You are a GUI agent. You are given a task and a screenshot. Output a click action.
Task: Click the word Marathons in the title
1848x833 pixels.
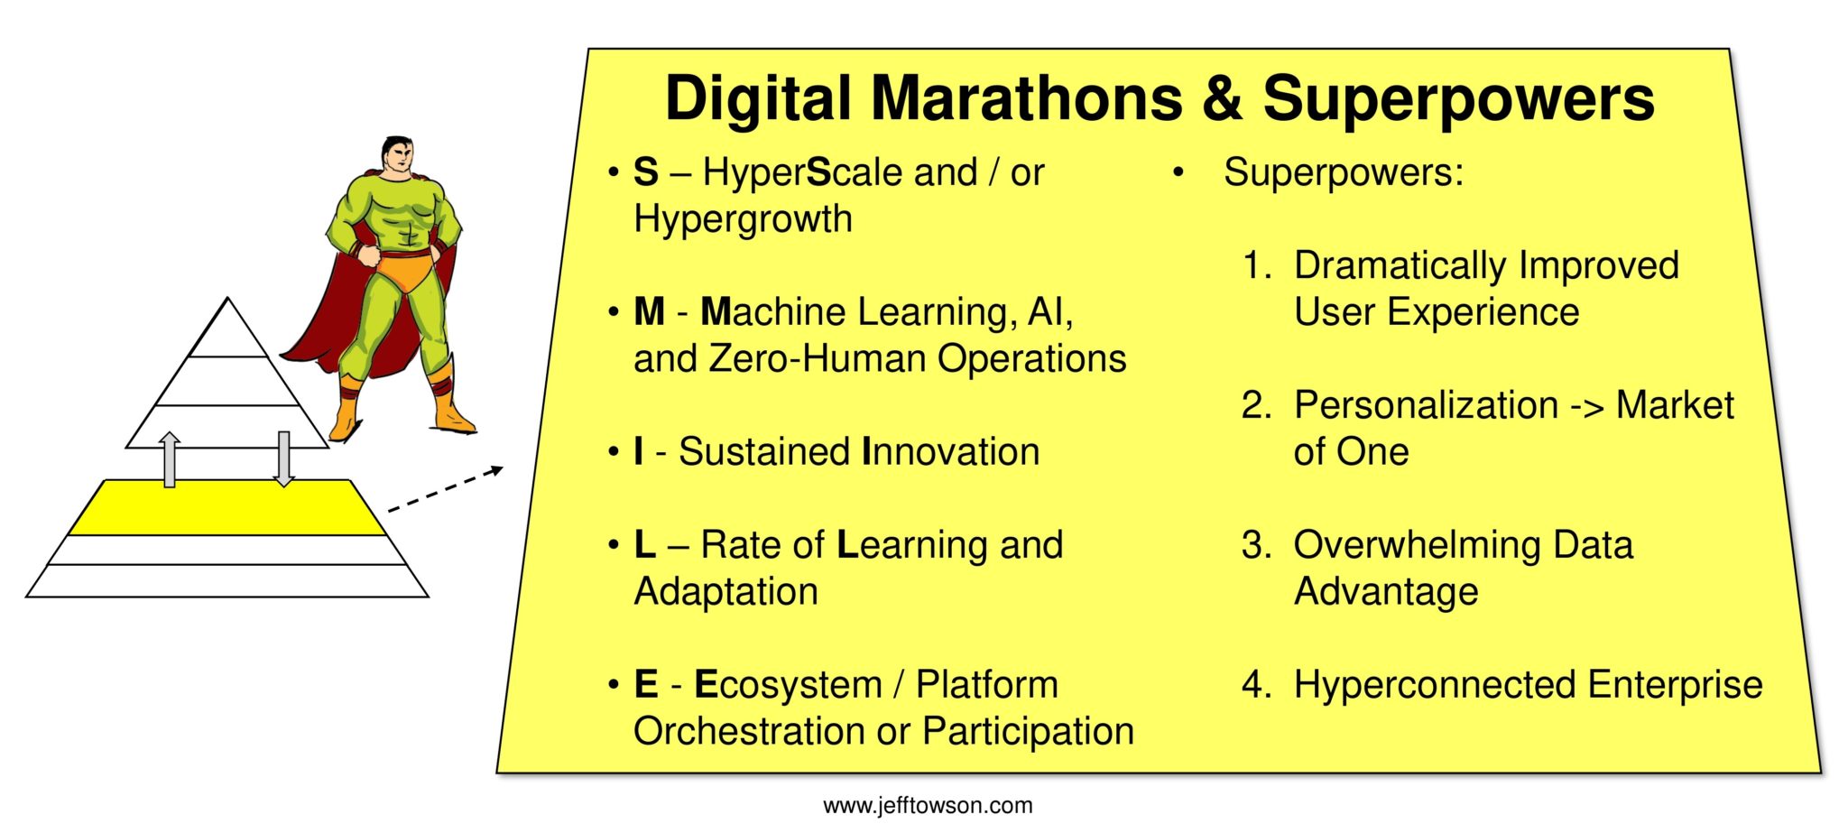coord(1026,97)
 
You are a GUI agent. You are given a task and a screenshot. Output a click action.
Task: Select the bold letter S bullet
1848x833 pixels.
coord(646,172)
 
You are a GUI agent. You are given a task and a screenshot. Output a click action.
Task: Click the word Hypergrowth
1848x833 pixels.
coord(743,219)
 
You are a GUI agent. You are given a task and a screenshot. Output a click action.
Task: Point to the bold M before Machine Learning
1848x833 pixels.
coord(650,312)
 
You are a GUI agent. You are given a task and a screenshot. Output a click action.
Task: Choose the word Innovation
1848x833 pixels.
coord(951,451)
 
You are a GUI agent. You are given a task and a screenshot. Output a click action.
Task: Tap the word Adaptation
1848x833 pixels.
coord(725,591)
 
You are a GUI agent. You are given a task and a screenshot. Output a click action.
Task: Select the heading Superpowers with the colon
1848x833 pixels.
coord(1344,172)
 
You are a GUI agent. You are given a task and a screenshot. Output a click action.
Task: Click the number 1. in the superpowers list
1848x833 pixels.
coord(1257,265)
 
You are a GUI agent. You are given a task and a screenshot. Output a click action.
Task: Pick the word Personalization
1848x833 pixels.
coord(1426,405)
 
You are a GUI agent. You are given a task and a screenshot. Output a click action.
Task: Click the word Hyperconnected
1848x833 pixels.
coord(1435,685)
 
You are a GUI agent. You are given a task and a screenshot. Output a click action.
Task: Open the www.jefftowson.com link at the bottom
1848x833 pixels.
coord(928,806)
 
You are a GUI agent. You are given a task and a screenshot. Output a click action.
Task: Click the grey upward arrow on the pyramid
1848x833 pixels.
coord(169,459)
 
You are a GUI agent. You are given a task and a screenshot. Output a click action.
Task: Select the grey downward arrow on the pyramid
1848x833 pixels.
coord(283,459)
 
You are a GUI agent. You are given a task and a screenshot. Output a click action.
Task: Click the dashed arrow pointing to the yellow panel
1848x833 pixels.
coord(445,489)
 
